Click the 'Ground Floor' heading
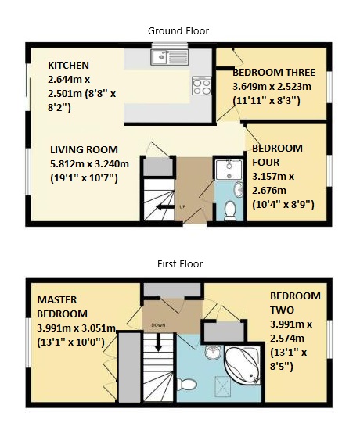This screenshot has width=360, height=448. pos(178,30)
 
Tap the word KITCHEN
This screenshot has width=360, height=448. pos(69,66)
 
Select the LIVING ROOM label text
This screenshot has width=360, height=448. pos(84,149)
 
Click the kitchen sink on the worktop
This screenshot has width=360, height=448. pos(169,56)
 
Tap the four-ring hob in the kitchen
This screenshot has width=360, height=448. pos(198,84)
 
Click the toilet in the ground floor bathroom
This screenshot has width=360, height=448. pos(230,209)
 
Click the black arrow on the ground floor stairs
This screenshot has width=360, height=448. pos(164,207)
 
